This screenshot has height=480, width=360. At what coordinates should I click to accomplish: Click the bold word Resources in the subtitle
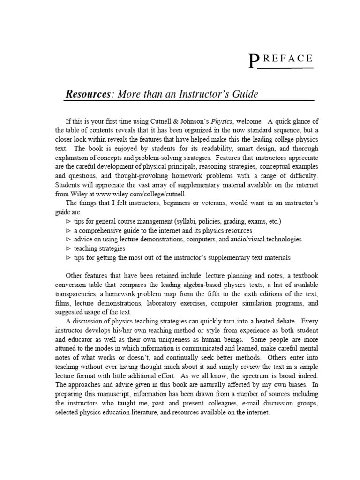pos(87,94)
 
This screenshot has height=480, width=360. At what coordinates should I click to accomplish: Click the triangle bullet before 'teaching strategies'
pos(68,249)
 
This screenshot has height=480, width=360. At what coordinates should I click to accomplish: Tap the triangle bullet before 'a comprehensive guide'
pos(68,231)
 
